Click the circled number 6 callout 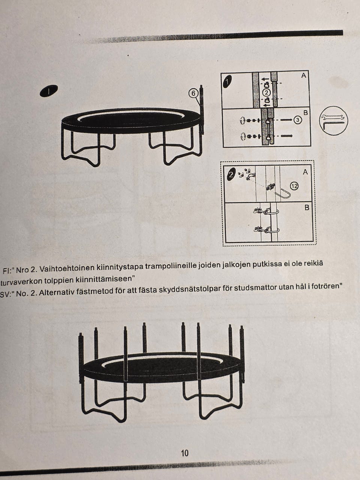pyautogui.click(x=193, y=94)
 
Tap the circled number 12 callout pyautogui.click(x=294, y=186)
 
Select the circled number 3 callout pyautogui.click(x=298, y=120)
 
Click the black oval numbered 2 pyautogui.click(x=232, y=174)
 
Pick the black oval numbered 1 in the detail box pyautogui.click(x=228, y=82)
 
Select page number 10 pyautogui.click(x=185, y=453)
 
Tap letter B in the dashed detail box pyautogui.click(x=307, y=207)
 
